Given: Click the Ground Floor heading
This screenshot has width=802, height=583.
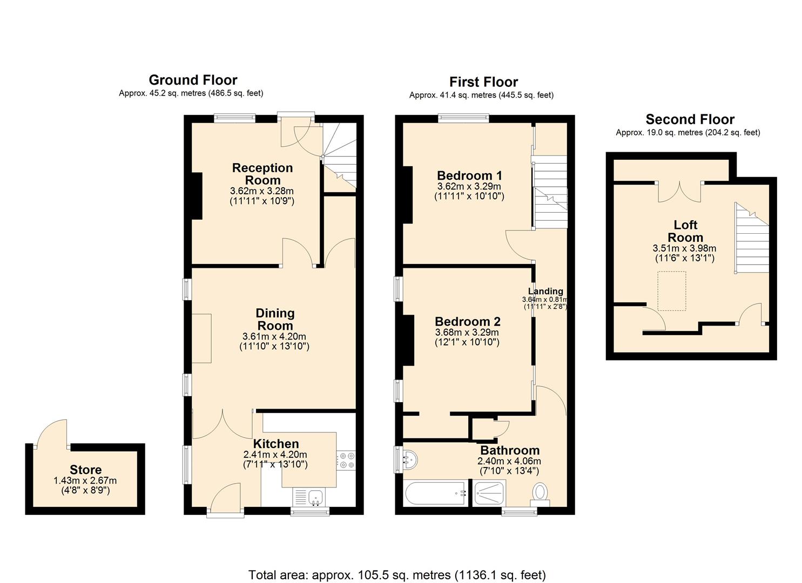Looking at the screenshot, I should click(193, 80).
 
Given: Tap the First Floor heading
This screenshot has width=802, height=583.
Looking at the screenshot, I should click(483, 82).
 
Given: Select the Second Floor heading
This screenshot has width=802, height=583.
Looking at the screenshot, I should click(690, 119).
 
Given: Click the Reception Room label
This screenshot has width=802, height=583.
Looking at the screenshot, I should click(262, 174).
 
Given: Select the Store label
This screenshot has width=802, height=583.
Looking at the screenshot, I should click(85, 470).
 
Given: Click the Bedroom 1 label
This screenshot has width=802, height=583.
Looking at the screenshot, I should click(469, 175).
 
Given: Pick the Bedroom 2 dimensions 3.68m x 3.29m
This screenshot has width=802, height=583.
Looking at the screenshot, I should click(468, 332).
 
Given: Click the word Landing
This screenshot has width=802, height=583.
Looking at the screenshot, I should click(545, 291).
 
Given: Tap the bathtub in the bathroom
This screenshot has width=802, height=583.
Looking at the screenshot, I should click(435, 493).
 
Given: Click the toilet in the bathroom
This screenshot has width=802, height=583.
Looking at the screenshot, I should click(540, 494).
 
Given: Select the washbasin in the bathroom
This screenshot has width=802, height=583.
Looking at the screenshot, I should click(409, 459).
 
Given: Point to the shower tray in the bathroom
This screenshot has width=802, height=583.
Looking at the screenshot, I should click(489, 493).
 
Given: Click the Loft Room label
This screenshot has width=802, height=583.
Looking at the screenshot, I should click(685, 231).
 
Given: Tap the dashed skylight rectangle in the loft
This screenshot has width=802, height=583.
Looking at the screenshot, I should click(671, 291).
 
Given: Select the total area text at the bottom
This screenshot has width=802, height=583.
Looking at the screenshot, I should click(397, 574).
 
